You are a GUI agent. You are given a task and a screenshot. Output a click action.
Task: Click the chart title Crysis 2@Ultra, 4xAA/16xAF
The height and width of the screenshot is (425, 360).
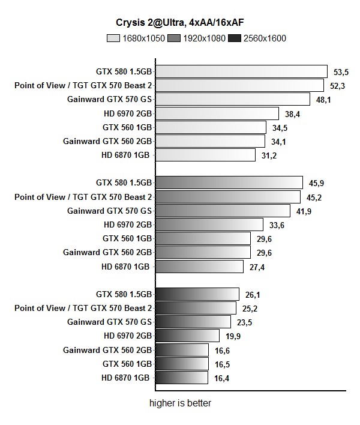[x=180, y=23]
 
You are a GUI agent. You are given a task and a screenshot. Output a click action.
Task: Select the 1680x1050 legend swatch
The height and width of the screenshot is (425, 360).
[x=113, y=38]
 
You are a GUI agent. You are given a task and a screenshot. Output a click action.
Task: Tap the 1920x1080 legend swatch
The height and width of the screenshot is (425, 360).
[x=174, y=38]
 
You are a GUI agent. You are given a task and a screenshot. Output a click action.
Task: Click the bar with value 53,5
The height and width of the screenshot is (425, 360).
[x=241, y=71]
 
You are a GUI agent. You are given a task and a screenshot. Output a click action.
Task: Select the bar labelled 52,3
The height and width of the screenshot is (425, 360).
[x=239, y=85]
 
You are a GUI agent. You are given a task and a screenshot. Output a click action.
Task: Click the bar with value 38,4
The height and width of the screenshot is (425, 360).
[x=217, y=113]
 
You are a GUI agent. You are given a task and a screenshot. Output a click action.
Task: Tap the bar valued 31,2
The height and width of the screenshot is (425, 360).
[x=206, y=155]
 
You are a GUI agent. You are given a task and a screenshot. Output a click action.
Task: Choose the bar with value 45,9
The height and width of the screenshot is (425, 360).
[x=229, y=182]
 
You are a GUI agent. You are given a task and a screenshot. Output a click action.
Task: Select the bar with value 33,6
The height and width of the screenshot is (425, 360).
[x=209, y=225]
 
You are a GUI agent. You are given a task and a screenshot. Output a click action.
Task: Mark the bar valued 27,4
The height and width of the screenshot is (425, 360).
[x=199, y=267]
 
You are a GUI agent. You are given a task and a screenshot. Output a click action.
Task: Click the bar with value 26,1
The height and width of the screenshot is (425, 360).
[x=197, y=294]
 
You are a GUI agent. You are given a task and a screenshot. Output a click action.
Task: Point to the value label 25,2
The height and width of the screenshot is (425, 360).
[x=250, y=309]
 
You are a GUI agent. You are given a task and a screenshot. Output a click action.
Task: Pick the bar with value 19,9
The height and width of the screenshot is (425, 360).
[x=187, y=336]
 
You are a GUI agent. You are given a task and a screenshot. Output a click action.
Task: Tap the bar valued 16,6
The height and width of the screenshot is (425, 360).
[x=182, y=350]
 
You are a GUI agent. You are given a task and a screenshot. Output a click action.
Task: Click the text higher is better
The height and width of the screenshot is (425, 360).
[x=180, y=403]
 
